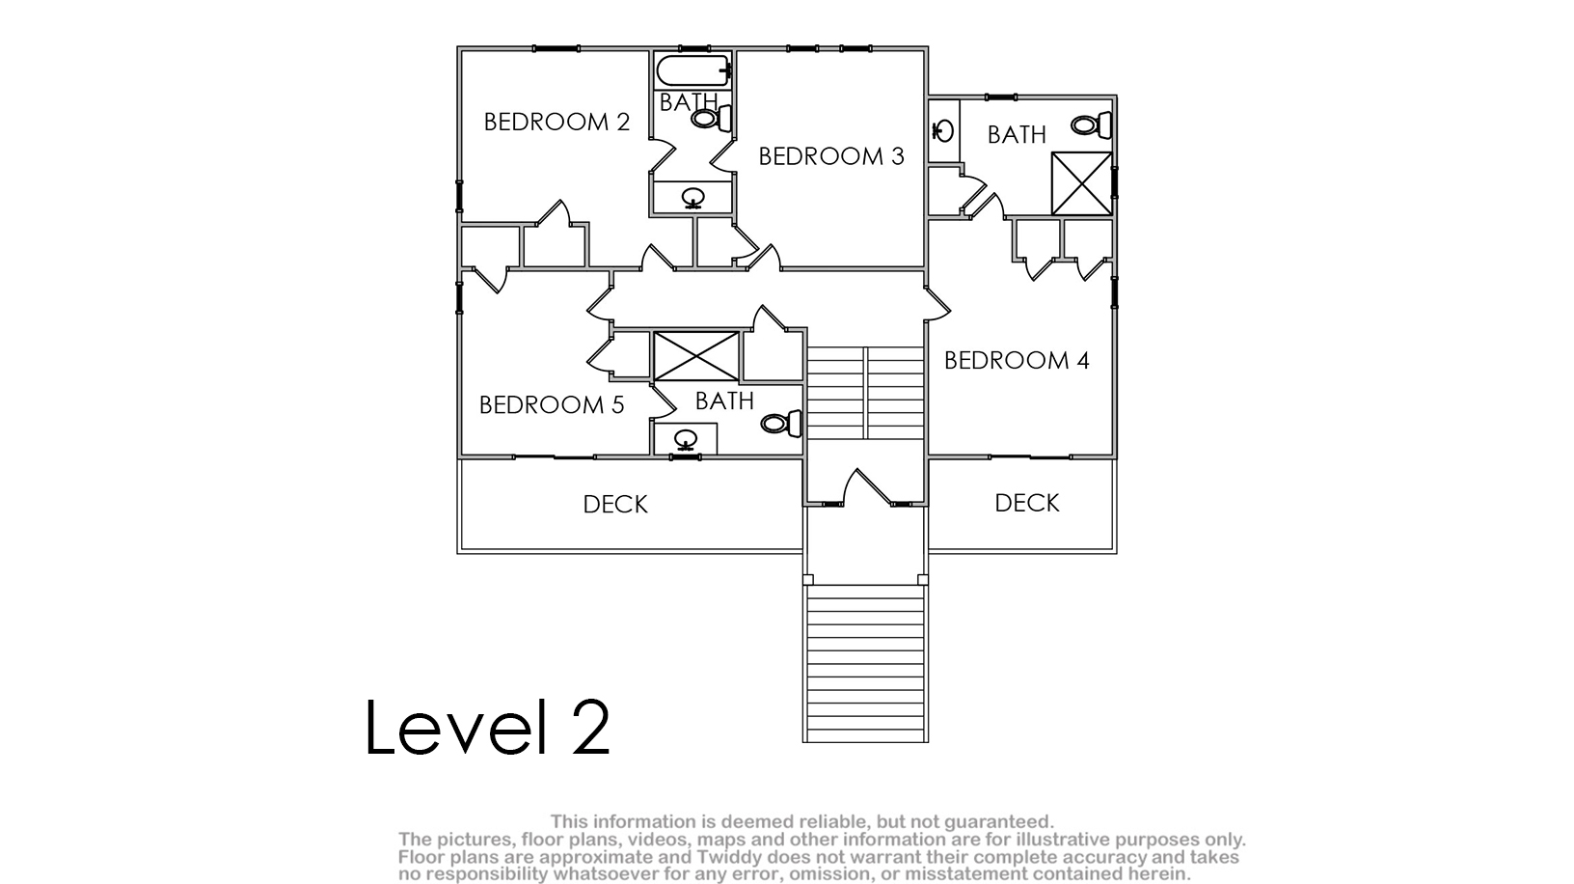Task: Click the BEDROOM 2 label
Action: click(x=556, y=123)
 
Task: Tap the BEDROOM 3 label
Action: click(x=831, y=157)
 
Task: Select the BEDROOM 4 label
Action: click(x=1017, y=361)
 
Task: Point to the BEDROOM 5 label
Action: click(x=552, y=405)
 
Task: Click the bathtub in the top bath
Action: click(x=693, y=71)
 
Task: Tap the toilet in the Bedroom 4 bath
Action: click(x=1091, y=125)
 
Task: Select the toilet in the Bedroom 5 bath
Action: click(x=781, y=424)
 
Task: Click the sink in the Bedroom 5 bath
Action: click(x=686, y=440)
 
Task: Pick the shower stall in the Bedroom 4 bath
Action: click(x=1081, y=183)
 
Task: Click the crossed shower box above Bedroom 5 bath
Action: click(x=696, y=356)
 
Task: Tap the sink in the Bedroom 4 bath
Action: click(x=942, y=131)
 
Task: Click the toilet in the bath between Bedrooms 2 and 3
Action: click(x=712, y=118)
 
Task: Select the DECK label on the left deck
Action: click(x=615, y=505)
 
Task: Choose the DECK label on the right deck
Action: click(x=1027, y=504)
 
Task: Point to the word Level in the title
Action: click(x=456, y=727)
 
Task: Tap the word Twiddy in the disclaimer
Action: click(x=729, y=858)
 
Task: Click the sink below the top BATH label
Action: click(x=693, y=198)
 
